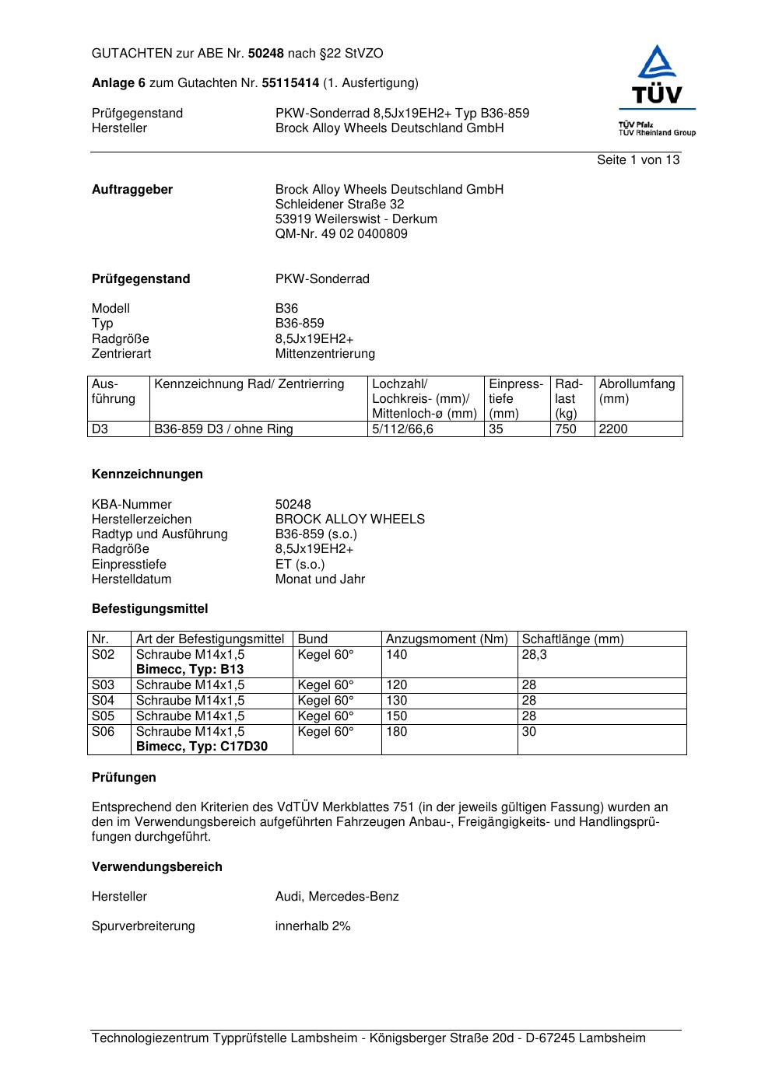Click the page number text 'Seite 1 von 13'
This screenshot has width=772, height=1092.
tap(637, 160)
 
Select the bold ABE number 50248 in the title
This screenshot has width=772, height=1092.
tap(266, 54)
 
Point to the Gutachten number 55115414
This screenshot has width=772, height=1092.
tap(290, 83)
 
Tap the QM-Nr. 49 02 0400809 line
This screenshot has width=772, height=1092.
tap(341, 234)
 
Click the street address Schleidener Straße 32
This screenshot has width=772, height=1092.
tap(339, 205)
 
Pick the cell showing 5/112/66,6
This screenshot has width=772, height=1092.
tap(402, 429)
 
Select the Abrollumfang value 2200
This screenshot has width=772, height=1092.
tap(612, 429)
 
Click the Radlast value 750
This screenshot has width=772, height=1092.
tap(565, 429)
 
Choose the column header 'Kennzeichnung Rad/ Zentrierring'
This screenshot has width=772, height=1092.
tap(249, 384)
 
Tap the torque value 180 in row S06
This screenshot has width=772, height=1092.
tap(396, 732)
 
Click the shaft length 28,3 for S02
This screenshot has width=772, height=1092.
tap(534, 655)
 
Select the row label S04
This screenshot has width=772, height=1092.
tap(103, 701)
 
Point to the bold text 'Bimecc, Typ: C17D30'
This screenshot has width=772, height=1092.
tap(202, 747)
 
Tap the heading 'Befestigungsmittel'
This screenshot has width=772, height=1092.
tap(149, 609)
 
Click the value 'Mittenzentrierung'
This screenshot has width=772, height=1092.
tap(325, 354)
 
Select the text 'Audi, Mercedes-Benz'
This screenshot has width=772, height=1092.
tap(336, 897)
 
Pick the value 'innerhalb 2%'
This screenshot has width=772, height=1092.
tap(312, 926)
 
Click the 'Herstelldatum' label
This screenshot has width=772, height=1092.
tap(132, 579)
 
